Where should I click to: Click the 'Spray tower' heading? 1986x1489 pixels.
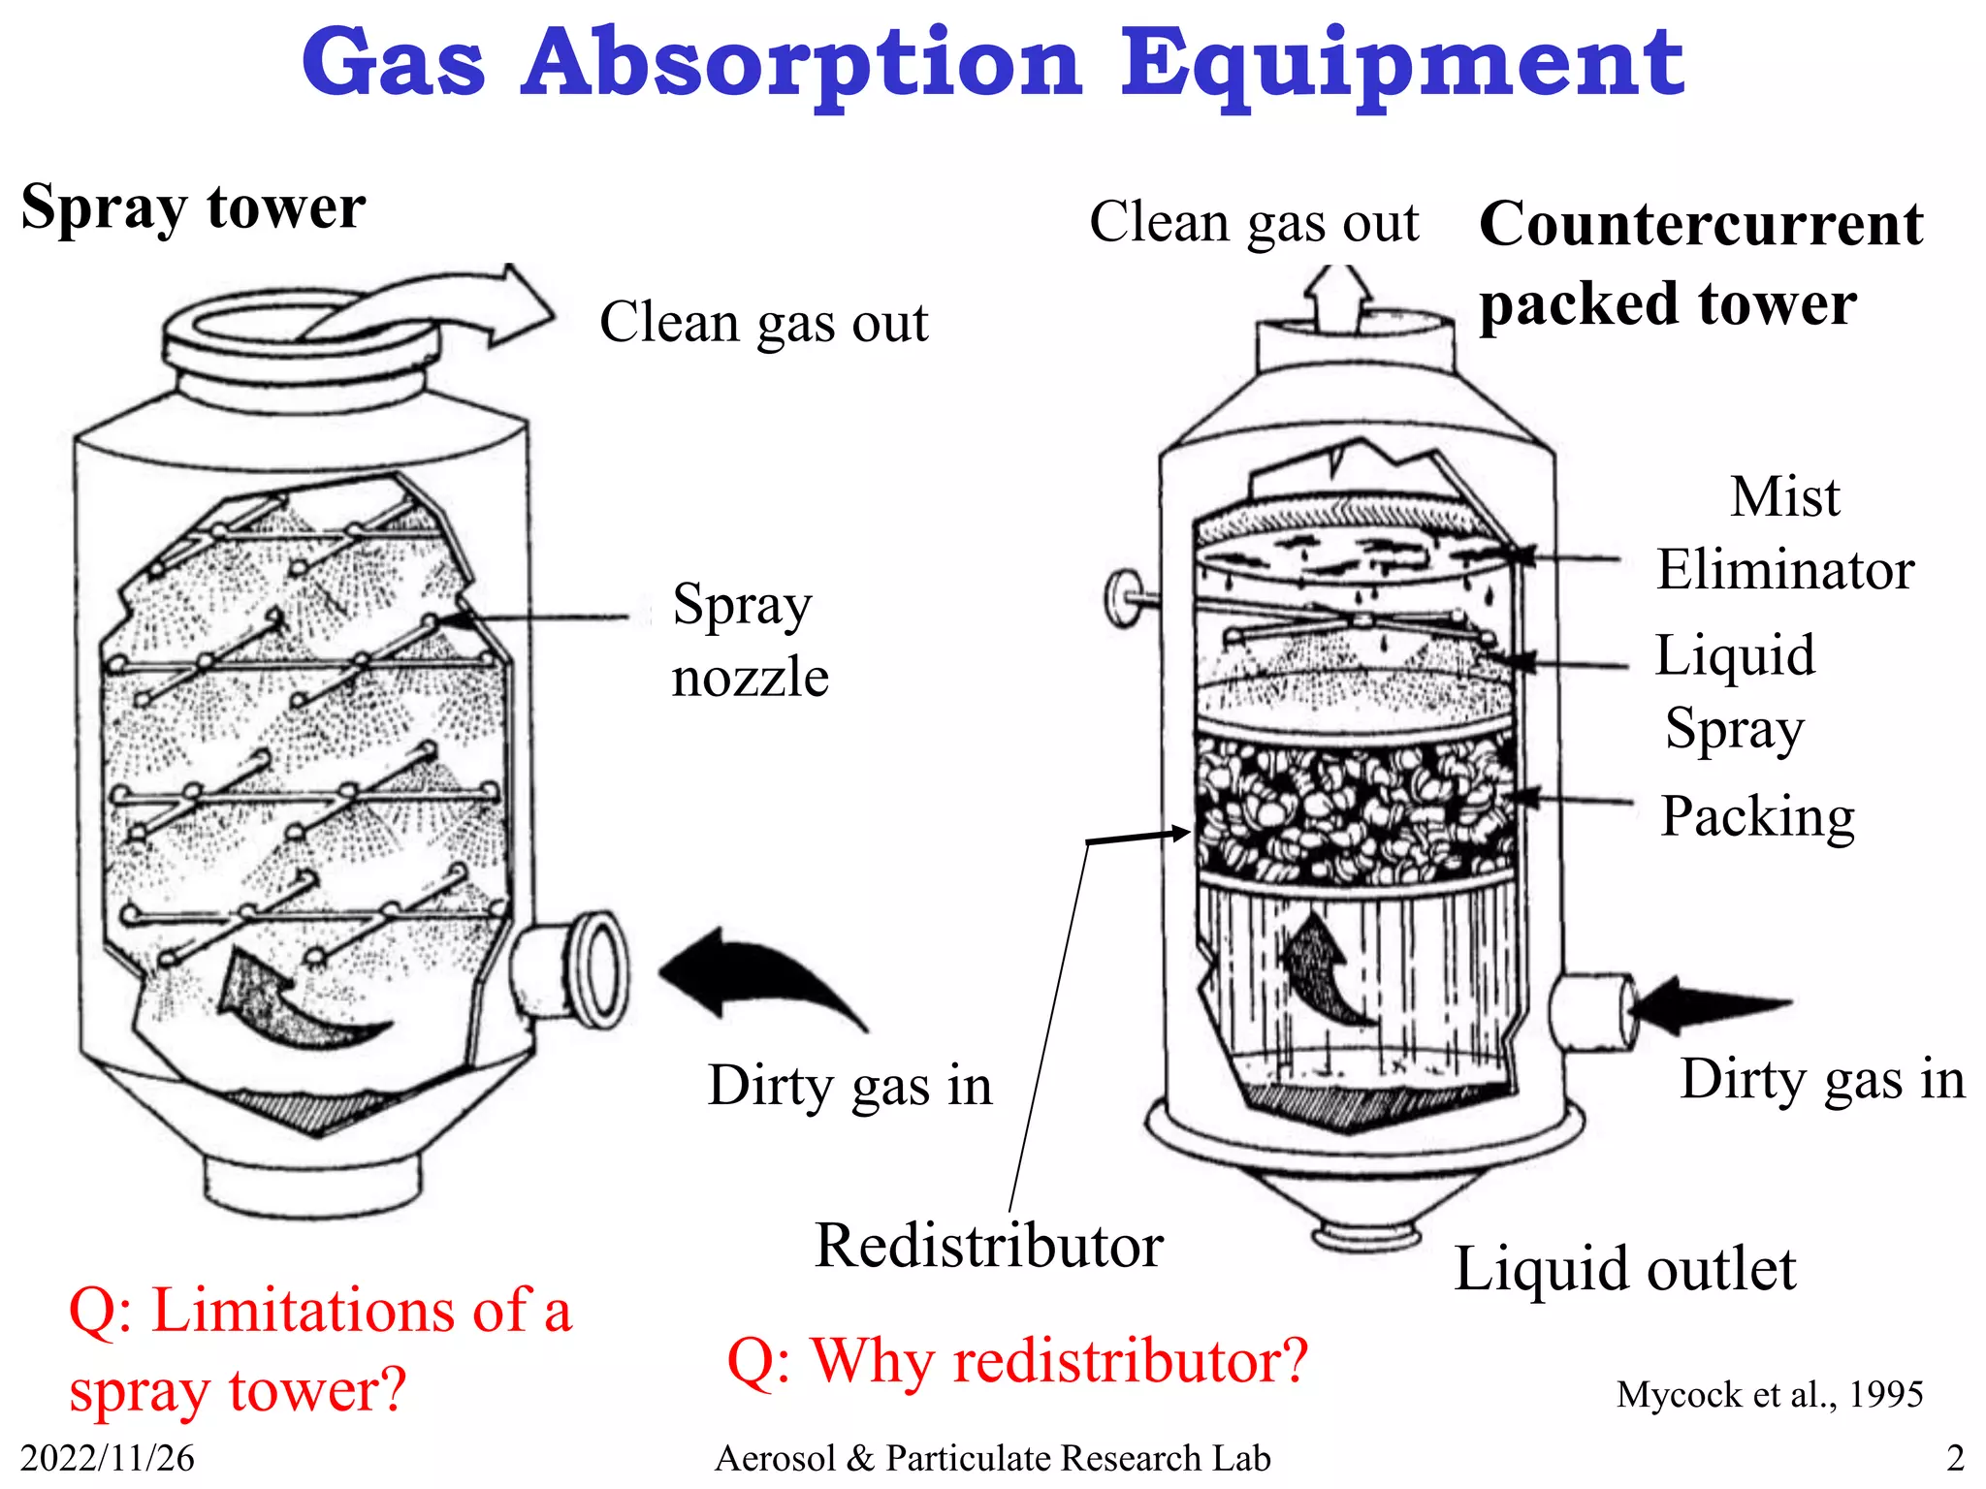tap(193, 207)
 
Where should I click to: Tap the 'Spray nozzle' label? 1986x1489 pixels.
tap(750, 640)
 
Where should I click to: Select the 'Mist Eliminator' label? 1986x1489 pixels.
tap(1784, 533)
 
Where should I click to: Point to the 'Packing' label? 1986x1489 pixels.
tap(1757, 816)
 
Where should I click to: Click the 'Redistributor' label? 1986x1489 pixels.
tap(988, 1246)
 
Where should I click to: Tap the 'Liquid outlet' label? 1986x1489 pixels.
tap(1624, 1269)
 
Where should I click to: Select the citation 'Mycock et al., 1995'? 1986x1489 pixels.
tap(1769, 1395)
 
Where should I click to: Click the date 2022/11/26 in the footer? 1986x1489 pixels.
tap(107, 1458)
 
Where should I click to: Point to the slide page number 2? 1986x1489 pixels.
tap(1955, 1458)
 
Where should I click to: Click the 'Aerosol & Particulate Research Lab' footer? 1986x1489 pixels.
tap(992, 1458)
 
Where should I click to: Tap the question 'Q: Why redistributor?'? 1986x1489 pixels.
tap(1017, 1361)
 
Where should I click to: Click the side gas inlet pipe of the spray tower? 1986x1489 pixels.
tap(572, 969)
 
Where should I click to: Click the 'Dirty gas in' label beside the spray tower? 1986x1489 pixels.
tap(849, 1085)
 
